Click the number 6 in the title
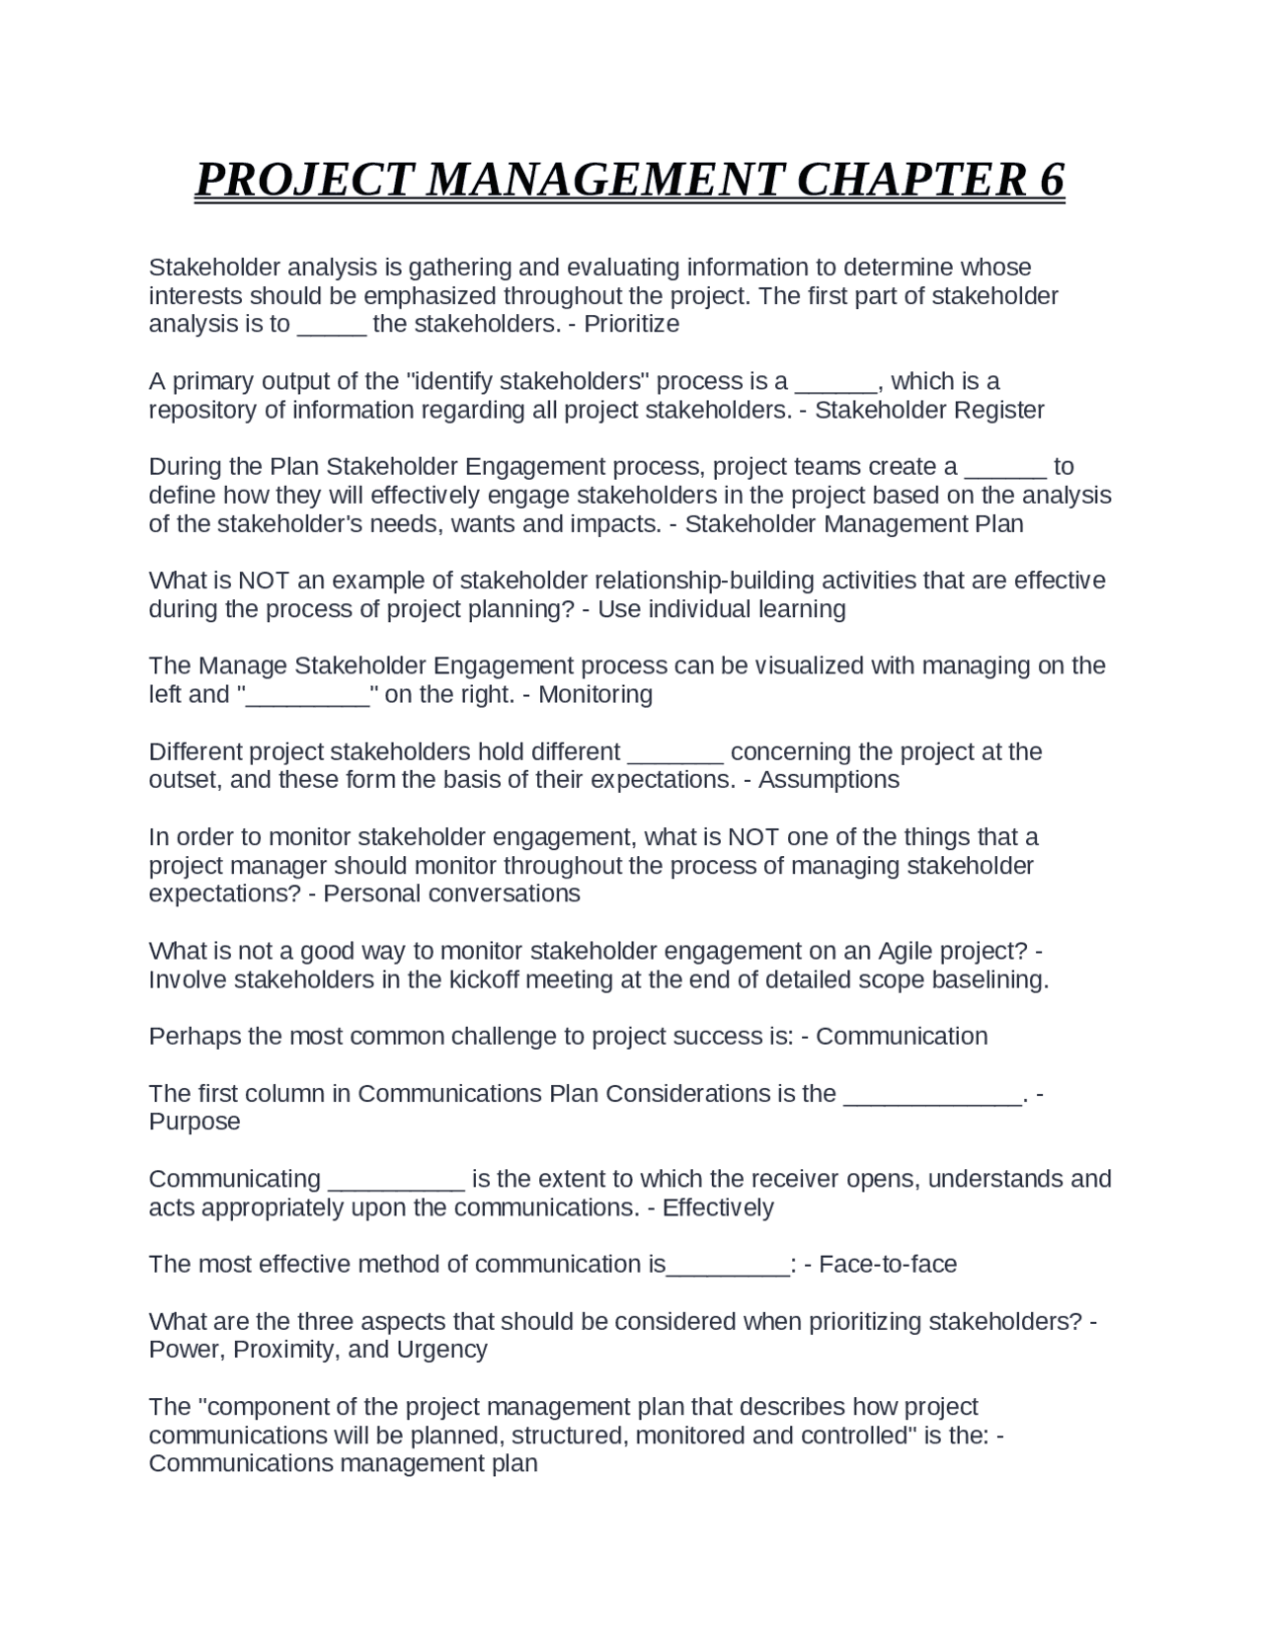[1052, 180]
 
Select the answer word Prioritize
[631, 324]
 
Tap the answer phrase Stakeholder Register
[929, 410]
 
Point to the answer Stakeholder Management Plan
[854, 523]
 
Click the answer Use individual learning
[722, 609]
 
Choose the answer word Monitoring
[595, 694]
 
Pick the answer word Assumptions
[829, 780]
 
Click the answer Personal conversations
[452, 894]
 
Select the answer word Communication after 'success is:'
[902, 1036]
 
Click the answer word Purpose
[195, 1122]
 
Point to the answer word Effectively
[718, 1207]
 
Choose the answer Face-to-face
[888, 1264]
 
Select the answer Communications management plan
[343, 1463]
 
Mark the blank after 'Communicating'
[396, 1183]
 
